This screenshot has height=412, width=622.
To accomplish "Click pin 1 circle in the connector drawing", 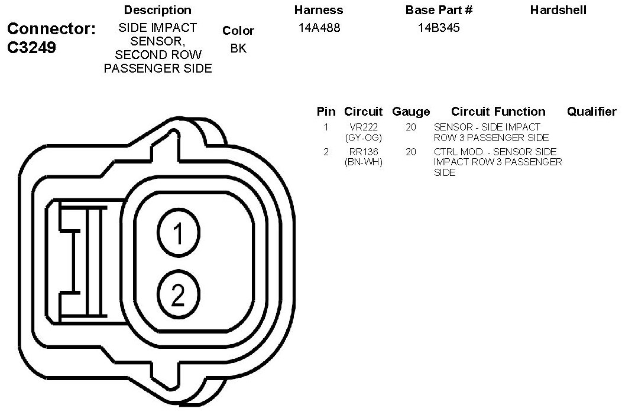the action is click(x=179, y=233).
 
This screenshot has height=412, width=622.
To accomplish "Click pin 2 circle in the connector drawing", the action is click(x=179, y=295).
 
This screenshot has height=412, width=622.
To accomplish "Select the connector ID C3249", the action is click(x=31, y=48).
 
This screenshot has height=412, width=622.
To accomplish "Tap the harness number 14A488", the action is click(x=319, y=28).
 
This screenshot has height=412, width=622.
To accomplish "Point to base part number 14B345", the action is click(x=439, y=28).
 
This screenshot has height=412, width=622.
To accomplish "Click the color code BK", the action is click(x=238, y=48).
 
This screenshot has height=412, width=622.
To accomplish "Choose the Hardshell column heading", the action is click(x=558, y=10).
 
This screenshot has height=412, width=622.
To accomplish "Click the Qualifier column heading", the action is click(x=591, y=112).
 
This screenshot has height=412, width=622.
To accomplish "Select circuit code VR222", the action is click(x=364, y=127).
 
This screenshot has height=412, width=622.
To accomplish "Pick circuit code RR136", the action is click(x=364, y=152).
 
